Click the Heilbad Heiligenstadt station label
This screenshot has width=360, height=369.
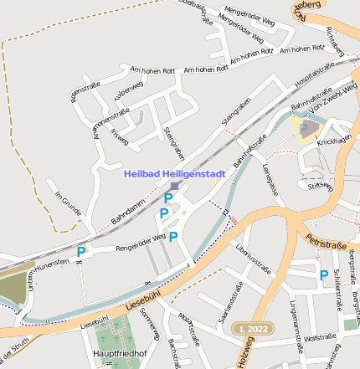click(x=175, y=174)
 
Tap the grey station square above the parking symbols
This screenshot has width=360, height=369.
click(x=174, y=186)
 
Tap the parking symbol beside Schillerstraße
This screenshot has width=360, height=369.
click(x=323, y=274)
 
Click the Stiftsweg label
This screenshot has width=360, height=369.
click(x=321, y=187)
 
